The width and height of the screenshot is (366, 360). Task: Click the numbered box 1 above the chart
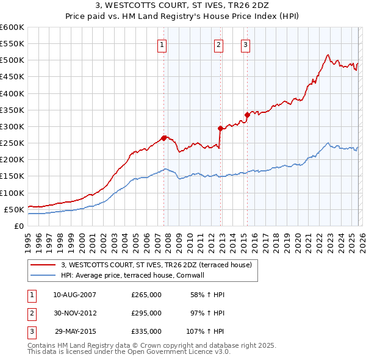click(x=163, y=44)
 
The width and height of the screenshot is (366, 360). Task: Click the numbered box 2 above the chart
click(x=219, y=44)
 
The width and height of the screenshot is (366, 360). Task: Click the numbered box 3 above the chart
click(x=246, y=44)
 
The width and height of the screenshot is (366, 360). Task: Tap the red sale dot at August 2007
click(x=163, y=138)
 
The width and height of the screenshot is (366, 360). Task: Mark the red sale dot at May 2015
click(x=247, y=115)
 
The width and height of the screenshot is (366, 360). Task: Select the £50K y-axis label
click(x=14, y=209)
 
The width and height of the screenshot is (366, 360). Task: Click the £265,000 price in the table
click(x=146, y=295)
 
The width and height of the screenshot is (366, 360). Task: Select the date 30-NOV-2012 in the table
click(x=75, y=313)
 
